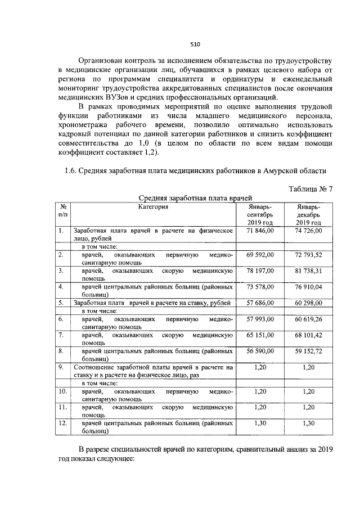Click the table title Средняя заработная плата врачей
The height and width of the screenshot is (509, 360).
coord(194,198)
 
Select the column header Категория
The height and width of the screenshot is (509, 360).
coord(154,207)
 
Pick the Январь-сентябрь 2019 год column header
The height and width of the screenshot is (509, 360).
coord(260,215)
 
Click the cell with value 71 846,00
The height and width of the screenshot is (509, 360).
coord(260,231)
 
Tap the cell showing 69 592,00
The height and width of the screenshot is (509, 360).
coord(260,255)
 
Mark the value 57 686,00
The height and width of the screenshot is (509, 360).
coord(260,303)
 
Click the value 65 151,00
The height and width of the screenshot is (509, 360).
coord(260,335)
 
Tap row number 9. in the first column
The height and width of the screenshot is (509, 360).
coord(61,367)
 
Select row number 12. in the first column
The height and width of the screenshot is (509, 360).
coord(63,422)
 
